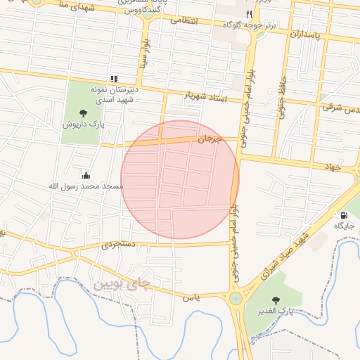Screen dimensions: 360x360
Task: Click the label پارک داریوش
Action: click(83, 124)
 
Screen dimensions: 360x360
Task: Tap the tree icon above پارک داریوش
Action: click(83, 112)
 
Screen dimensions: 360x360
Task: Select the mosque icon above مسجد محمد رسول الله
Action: click(86, 175)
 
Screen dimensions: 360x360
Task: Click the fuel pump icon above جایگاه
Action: click(343, 215)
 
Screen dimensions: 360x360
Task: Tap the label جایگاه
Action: click(343, 226)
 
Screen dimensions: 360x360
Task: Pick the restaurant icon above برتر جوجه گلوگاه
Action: click(248, 14)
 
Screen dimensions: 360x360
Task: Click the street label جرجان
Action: click(208, 139)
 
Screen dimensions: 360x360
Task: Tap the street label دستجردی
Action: click(116, 245)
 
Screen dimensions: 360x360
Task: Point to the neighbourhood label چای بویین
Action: click(122, 284)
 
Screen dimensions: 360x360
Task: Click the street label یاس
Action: click(192, 297)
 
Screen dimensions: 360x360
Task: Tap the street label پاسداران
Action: click(307, 33)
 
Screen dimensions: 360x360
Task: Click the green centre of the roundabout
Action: click(236, 298)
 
